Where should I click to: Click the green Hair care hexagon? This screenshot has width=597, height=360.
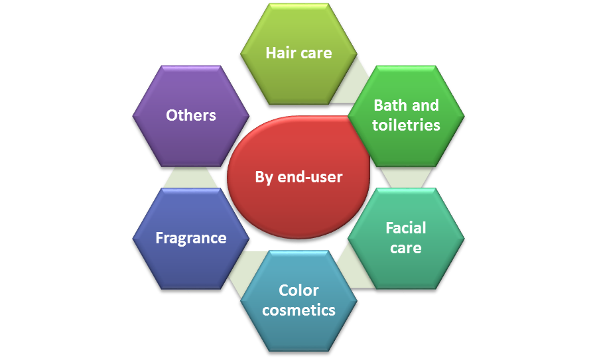coord(298,53)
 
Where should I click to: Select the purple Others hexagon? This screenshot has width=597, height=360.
coord(190,115)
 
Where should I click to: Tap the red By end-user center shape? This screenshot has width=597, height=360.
coord(298,177)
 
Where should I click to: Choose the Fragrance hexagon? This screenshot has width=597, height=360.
coord(190,238)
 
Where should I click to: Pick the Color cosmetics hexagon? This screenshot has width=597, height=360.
coord(298,300)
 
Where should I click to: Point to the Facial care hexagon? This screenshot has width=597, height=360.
coord(405,238)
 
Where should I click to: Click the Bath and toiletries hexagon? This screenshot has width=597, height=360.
coord(405,115)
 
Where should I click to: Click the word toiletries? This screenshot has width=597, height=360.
coord(406,125)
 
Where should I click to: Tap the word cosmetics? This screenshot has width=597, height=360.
coord(298,310)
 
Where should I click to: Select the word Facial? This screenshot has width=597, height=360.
coord(406,228)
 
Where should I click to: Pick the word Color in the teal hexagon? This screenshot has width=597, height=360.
coord(298,290)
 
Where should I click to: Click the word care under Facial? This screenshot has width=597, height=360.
coord(406,248)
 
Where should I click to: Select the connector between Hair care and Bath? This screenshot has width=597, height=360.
coord(352,83)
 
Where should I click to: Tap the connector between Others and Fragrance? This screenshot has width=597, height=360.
coord(190,176)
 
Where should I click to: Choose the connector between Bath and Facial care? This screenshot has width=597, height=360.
coord(405,176)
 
